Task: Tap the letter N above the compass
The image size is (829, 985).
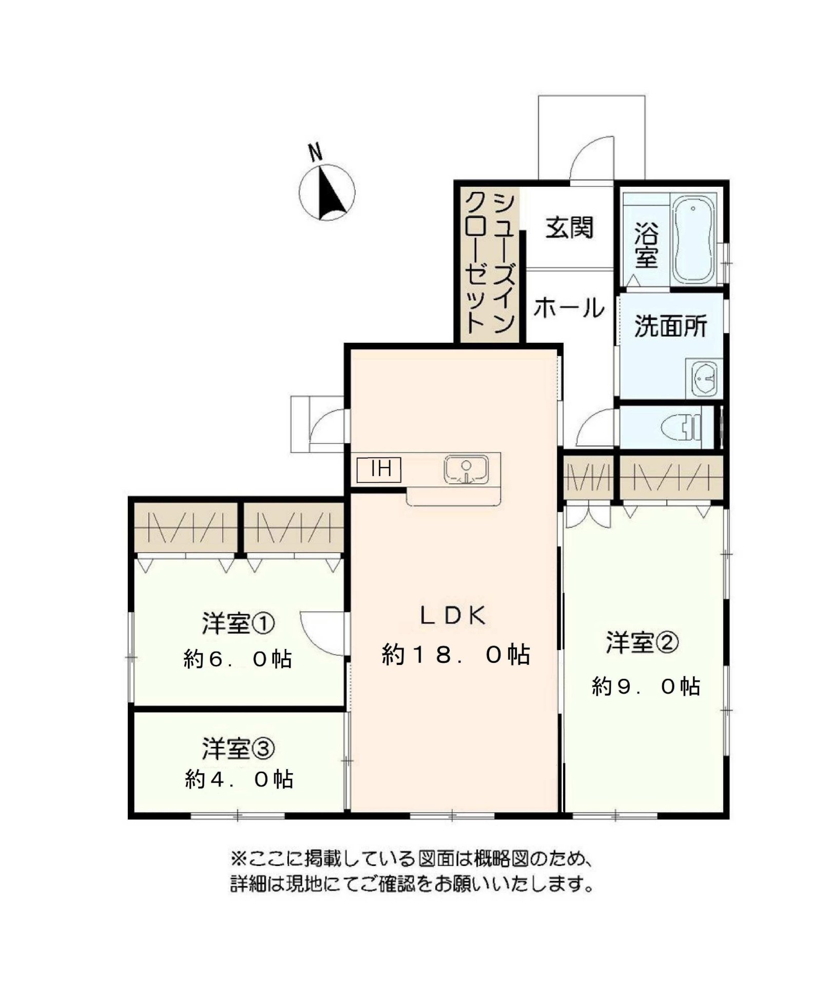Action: pos(315,152)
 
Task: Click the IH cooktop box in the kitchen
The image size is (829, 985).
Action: pos(379,469)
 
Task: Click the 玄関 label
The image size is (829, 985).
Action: pos(569,228)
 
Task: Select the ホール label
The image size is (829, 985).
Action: pos(569,308)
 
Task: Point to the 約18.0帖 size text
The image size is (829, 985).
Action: pos(456,655)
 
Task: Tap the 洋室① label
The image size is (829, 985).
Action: pos(238,623)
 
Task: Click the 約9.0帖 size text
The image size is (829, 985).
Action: pos(646,686)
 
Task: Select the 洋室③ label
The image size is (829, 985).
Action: pos(238,748)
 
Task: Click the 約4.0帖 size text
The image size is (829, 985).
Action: pos(239,780)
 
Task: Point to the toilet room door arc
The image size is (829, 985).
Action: pos(595,428)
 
